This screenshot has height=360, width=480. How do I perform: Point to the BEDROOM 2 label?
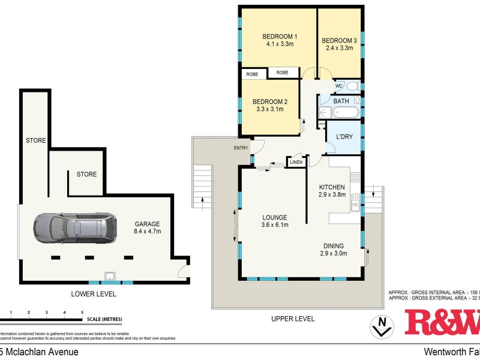[x=268, y=101]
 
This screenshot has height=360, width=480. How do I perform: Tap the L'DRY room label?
[x=344, y=137]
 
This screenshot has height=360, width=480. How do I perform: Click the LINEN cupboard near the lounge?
[x=296, y=162]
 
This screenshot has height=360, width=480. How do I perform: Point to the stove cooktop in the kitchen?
[x=355, y=177]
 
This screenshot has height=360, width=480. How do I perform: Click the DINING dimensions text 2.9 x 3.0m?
[x=334, y=254]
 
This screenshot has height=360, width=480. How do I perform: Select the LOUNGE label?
[x=274, y=217]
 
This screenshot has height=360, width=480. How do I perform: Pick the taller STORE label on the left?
[x=35, y=140]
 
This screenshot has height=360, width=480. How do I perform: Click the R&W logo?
[x=442, y=322]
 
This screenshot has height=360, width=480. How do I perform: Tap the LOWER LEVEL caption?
[x=93, y=294]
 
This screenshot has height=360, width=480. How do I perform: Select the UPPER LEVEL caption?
[x=293, y=319]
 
